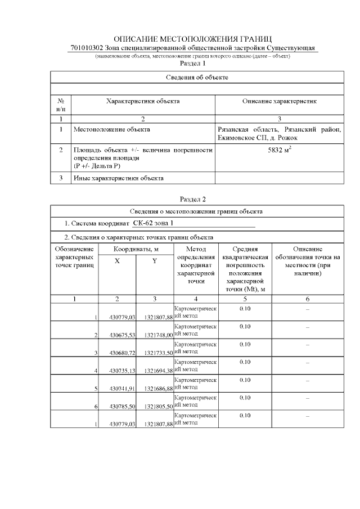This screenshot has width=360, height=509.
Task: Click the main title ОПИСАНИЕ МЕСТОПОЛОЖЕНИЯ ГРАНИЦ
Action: point(193,39)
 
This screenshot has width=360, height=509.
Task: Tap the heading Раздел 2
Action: point(192,199)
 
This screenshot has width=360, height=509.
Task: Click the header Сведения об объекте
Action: point(196,76)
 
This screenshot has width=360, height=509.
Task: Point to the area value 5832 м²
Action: point(280,150)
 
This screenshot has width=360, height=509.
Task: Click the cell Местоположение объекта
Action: point(112,129)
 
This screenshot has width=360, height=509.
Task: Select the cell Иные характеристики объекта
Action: point(119,178)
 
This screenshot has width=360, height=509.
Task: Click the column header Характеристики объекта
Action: point(143,101)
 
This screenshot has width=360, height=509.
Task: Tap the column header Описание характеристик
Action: point(280,101)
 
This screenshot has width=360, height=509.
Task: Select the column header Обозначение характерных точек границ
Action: point(74,256)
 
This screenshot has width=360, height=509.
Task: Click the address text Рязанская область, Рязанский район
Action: point(279,129)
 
